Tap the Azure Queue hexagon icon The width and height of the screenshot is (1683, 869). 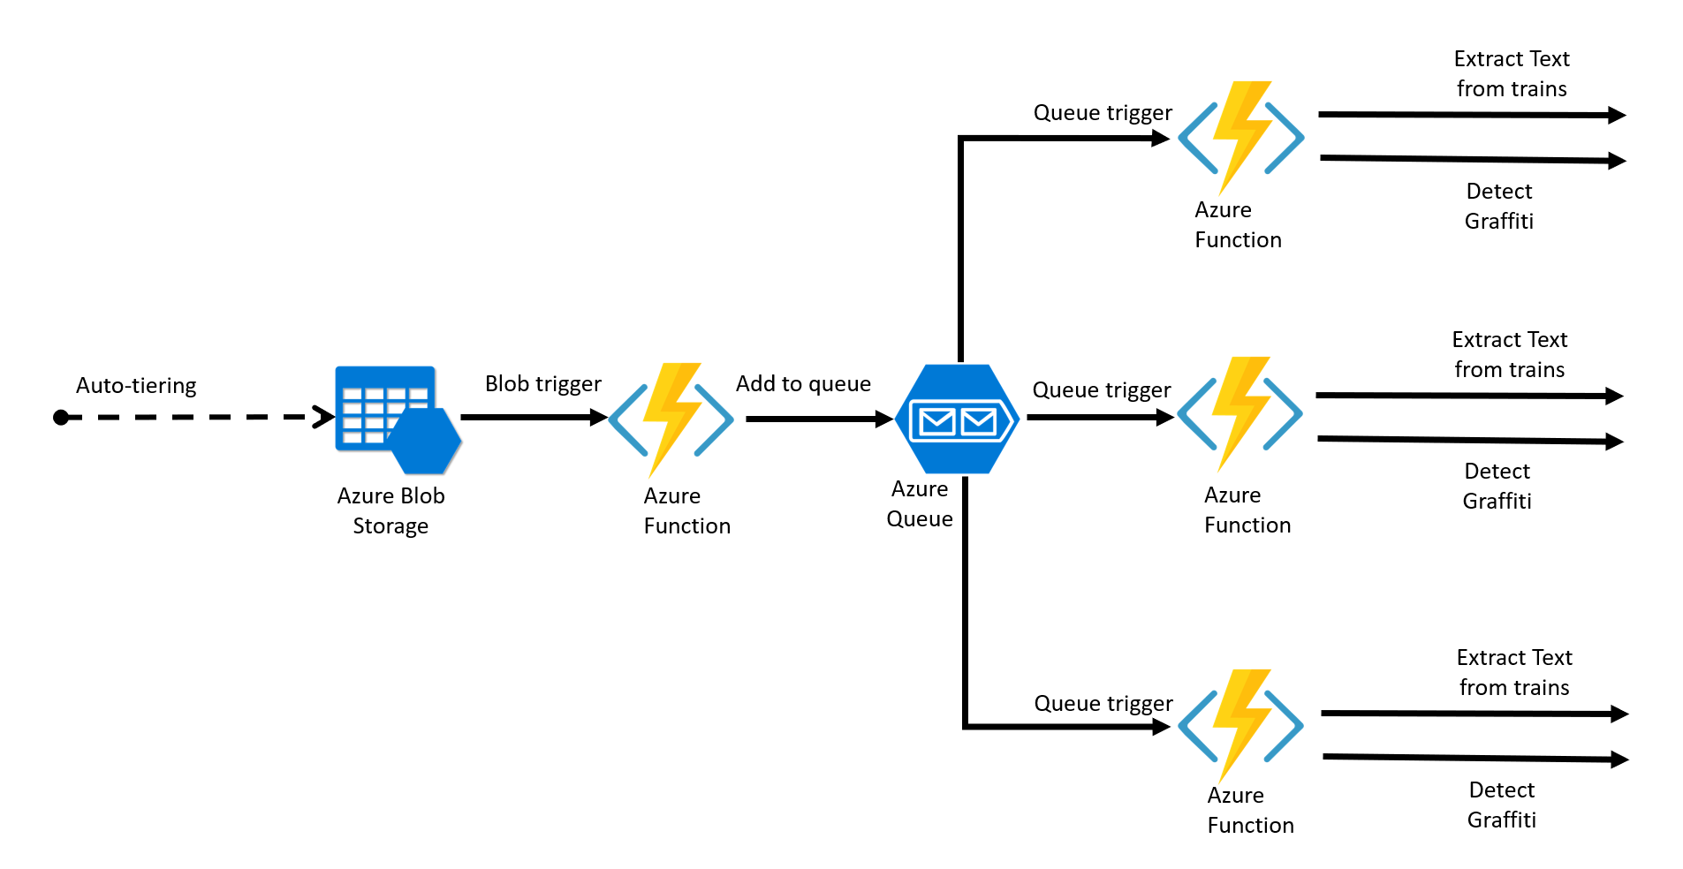click(957, 419)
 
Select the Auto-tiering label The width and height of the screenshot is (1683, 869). click(136, 386)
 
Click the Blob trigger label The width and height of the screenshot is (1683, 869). click(542, 384)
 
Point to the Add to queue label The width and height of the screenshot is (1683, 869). click(803, 384)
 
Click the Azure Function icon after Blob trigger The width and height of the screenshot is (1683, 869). click(671, 419)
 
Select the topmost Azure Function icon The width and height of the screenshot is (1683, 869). click(1240, 137)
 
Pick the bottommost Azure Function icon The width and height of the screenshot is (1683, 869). click(1240, 725)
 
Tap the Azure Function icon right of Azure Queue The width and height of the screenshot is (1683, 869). click(1239, 413)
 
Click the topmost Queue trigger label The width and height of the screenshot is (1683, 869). click(1103, 113)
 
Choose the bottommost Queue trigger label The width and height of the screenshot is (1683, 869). click(1103, 704)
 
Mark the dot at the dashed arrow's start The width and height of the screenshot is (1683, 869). click(61, 418)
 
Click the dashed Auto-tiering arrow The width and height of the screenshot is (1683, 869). click(194, 417)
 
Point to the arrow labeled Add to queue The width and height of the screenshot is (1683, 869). click(818, 419)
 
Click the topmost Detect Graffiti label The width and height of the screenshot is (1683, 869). click(1498, 206)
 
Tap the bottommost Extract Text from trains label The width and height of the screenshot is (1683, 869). click(1514, 672)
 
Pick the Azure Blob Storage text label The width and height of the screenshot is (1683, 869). click(390, 510)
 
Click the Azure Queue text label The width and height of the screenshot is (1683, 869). click(920, 503)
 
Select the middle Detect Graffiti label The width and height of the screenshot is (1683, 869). click(1497, 486)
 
